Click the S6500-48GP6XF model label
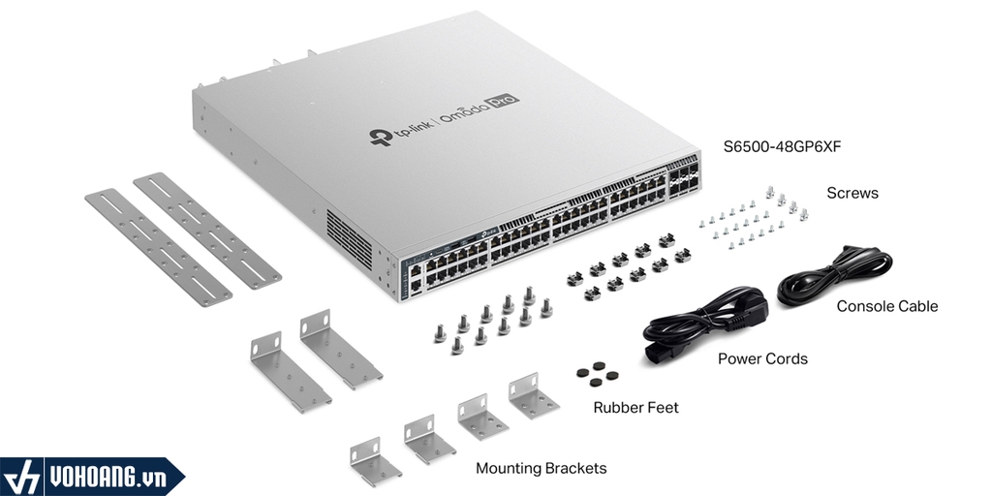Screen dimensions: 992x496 pyautogui.click(x=782, y=147)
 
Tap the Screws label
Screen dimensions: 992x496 pyautogui.click(x=852, y=193)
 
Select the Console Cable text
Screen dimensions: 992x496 pyautogui.click(x=887, y=306)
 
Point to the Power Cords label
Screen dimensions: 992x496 pyautogui.click(x=762, y=358)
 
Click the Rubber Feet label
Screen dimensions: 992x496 pyautogui.click(x=635, y=408)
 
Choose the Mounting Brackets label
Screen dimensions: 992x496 pyautogui.click(x=541, y=468)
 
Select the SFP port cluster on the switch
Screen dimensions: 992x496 pyautogui.click(x=684, y=177)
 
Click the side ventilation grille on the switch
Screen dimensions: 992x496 pyautogui.click(x=349, y=238)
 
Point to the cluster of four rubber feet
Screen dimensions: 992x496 pyautogui.click(x=597, y=375)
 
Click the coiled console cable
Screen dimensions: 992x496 pyautogui.click(x=834, y=276)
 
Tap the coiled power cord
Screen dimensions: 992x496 pyautogui.click(x=705, y=325)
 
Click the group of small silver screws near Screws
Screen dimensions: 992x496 pyautogui.click(x=754, y=219)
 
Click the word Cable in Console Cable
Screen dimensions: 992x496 pyautogui.click(x=917, y=306)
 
